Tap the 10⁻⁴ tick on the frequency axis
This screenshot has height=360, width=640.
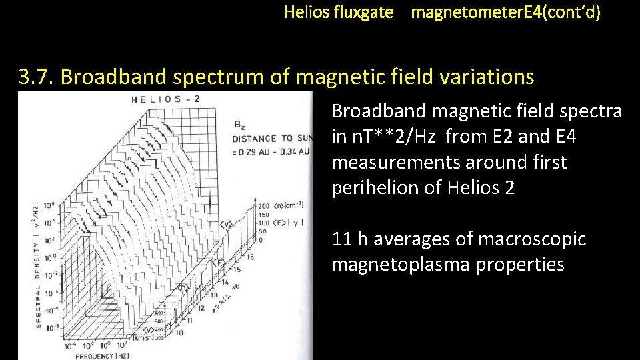[69, 346]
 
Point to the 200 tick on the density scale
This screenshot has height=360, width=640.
[263, 206]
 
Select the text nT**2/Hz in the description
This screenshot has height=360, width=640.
[384, 137]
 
